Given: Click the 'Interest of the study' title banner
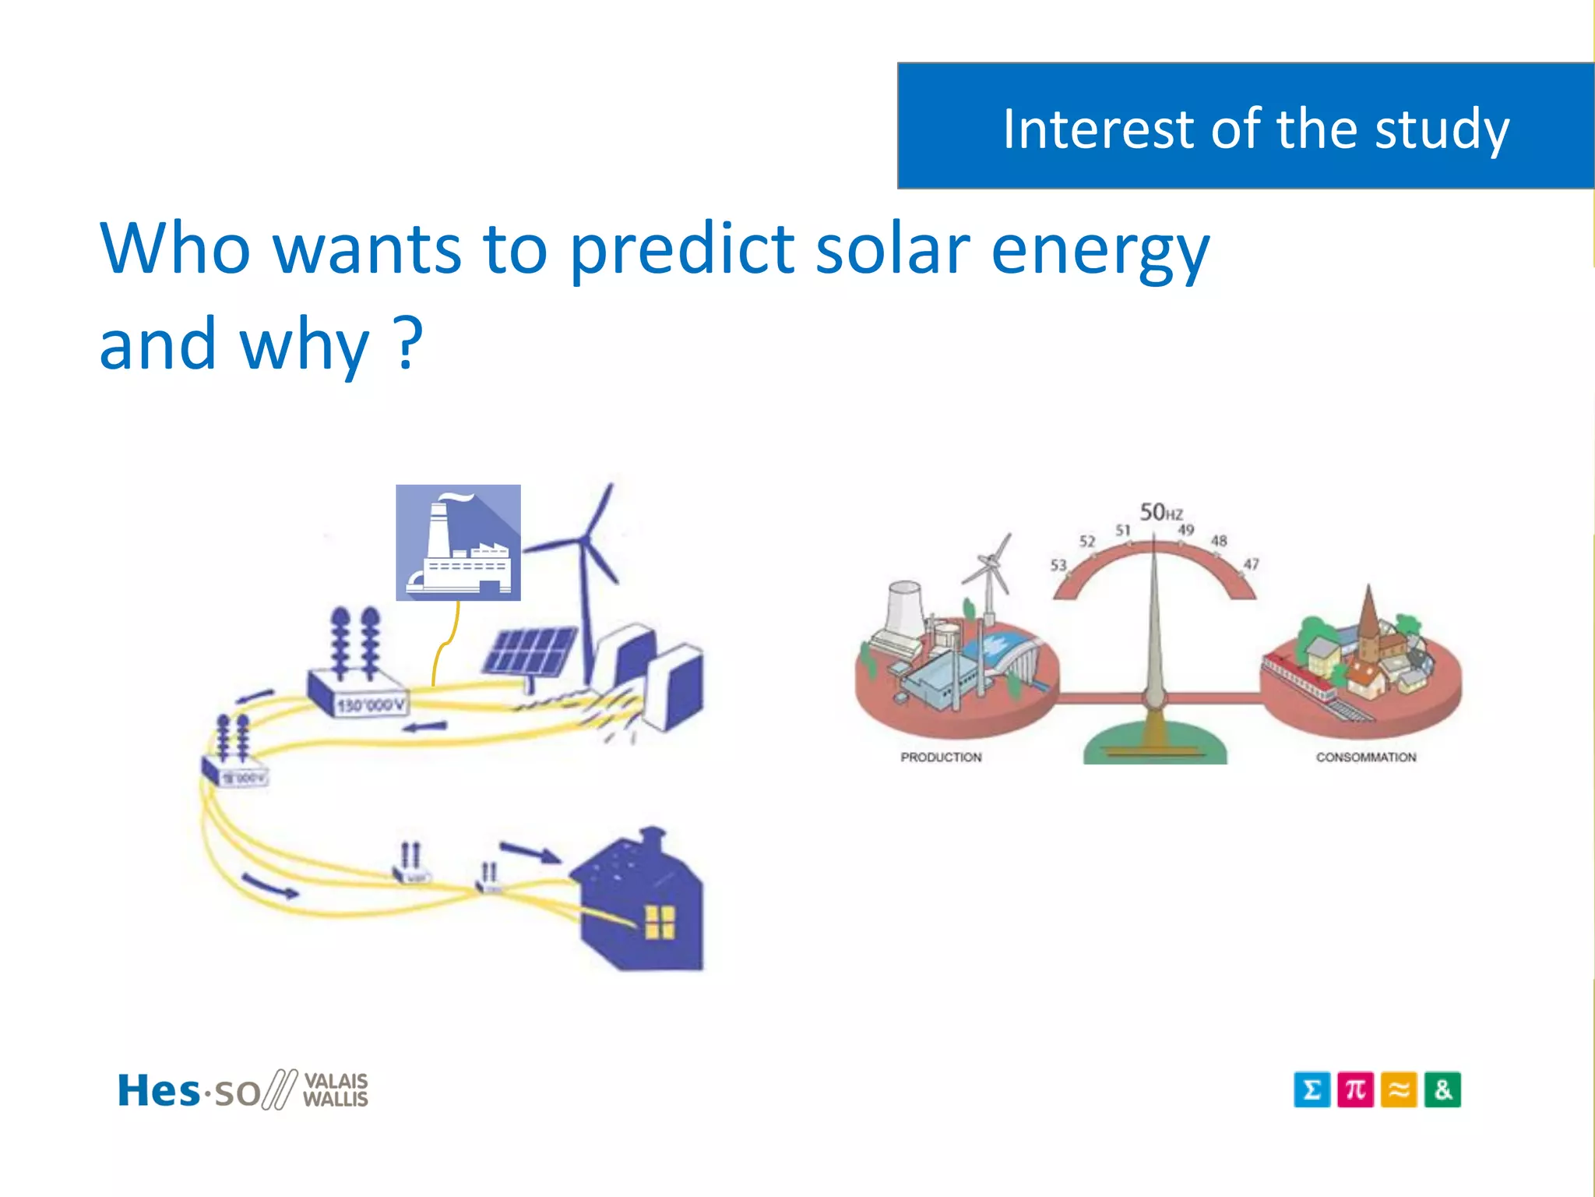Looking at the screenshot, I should point(1246,126).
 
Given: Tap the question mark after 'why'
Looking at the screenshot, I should point(408,343).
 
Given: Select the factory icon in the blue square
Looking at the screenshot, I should point(458,543).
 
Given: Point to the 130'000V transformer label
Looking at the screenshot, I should point(371,706).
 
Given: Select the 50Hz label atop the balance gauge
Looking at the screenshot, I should point(1160,512).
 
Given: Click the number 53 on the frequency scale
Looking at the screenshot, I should point(1058,564).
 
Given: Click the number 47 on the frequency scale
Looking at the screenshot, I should point(1251,563).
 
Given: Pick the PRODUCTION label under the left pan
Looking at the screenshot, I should point(941,757).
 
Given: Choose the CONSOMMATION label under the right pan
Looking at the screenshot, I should point(1366,757).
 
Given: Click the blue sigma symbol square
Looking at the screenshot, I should point(1312,1089).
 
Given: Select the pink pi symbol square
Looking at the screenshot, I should point(1355,1089).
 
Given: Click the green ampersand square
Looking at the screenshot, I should point(1442,1089).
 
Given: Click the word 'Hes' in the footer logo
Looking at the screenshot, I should point(158,1090).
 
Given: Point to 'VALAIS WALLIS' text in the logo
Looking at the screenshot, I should point(335,1090).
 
